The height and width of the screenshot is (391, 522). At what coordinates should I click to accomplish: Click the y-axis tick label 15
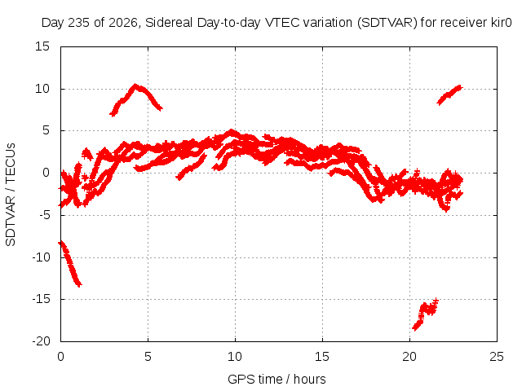coord(42,46)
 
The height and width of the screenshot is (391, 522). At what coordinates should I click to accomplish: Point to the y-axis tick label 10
coord(42,89)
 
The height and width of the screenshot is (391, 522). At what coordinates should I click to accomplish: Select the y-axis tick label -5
coord(44,215)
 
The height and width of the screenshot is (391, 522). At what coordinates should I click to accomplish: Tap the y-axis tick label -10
coord(41,257)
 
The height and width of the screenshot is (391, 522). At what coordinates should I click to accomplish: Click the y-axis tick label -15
coord(41,299)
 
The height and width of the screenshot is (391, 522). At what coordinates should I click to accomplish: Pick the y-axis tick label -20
coord(41,341)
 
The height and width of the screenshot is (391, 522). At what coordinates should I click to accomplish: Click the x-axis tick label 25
coord(497,357)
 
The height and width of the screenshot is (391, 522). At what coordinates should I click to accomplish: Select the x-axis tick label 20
coord(409,357)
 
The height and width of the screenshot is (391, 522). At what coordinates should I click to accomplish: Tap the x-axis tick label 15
coord(322,357)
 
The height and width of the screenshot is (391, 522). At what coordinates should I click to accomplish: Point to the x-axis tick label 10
coord(235,357)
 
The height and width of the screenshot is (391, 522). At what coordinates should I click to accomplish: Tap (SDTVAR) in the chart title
coord(387,23)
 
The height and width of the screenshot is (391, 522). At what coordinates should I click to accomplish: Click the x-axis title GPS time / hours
coord(276,379)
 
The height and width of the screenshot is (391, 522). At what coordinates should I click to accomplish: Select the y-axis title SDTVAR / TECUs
coord(11,195)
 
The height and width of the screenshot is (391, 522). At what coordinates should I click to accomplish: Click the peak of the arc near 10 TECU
coord(135,85)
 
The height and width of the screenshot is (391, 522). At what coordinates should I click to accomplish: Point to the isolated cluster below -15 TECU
coord(425,314)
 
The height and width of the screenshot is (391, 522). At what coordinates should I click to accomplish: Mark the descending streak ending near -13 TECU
coord(70,263)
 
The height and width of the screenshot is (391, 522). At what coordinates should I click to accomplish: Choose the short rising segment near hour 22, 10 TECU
coord(449,94)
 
